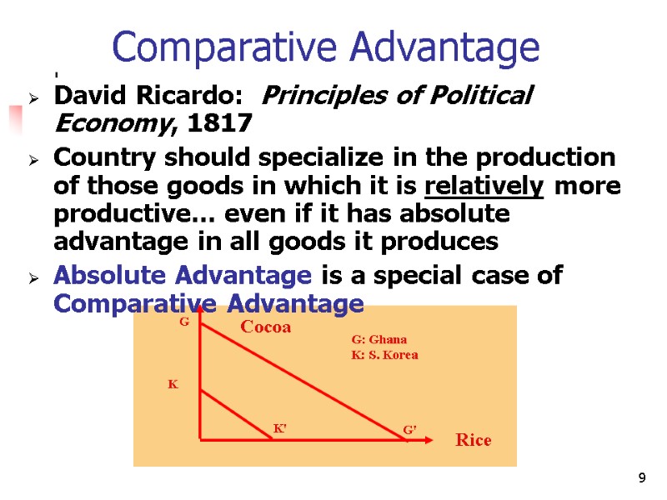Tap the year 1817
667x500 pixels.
click(220, 124)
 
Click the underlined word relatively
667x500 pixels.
click(495, 186)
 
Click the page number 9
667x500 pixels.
click(641, 478)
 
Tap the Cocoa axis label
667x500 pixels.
click(265, 327)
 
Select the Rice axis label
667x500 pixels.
click(473, 440)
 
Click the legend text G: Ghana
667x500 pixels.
click(379, 339)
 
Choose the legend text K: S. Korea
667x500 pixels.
click(384, 355)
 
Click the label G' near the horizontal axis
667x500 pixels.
click(409, 428)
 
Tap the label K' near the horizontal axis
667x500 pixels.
click(281, 427)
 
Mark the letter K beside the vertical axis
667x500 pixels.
click(173, 384)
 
